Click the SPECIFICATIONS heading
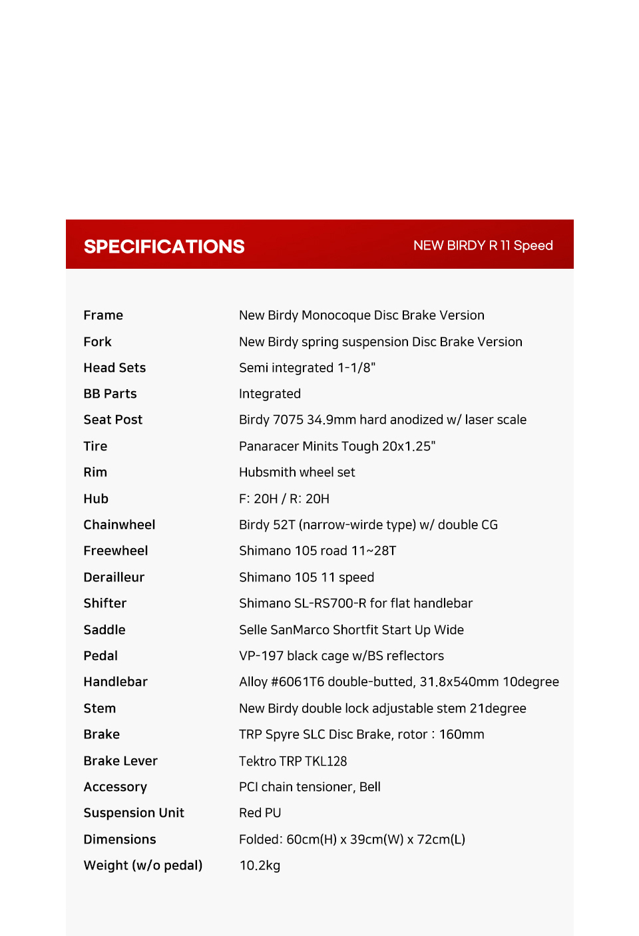pyautogui.click(x=164, y=246)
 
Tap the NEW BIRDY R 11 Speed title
pyautogui.click(x=483, y=245)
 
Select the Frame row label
pyautogui.click(x=103, y=315)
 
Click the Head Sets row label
pyautogui.click(x=114, y=368)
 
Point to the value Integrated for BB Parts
pyautogui.click(x=270, y=394)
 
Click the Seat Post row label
pyautogui.click(x=113, y=420)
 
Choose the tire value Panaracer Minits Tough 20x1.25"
pyautogui.click(x=337, y=446)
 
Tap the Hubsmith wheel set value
pyautogui.click(x=297, y=472)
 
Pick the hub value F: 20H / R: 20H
pyautogui.click(x=284, y=499)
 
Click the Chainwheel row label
pyautogui.click(x=119, y=525)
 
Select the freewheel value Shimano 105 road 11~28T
pyautogui.click(x=318, y=551)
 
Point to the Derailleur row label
pyautogui.click(x=114, y=577)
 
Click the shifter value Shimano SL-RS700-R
pyautogui.click(x=355, y=603)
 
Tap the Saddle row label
pyautogui.click(x=105, y=630)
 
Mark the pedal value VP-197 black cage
pyautogui.click(x=341, y=656)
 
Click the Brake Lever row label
pyautogui.click(x=120, y=761)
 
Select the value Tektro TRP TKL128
pyautogui.click(x=293, y=761)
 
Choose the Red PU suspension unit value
pyautogui.click(x=260, y=813)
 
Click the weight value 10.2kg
pyautogui.click(x=260, y=865)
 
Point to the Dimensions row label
pyautogui.click(x=120, y=840)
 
